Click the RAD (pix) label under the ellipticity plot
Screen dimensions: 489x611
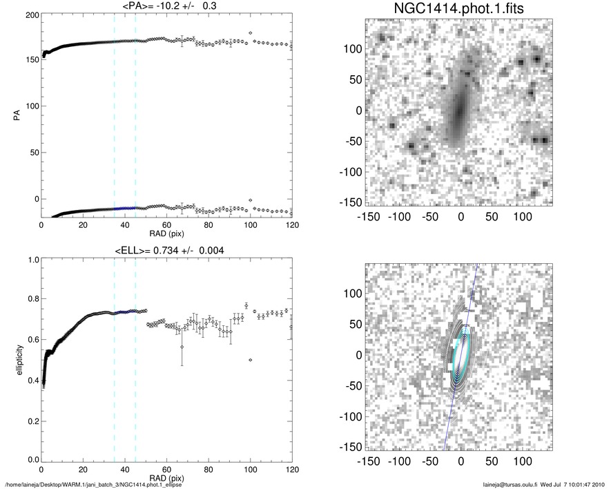click(166, 478)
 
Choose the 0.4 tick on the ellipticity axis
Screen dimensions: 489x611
click(31, 380)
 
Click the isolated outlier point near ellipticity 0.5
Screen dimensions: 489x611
click(250, 360)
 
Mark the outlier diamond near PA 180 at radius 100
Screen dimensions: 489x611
click(250, 33)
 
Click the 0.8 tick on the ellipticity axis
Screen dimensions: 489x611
click(31, 300)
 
